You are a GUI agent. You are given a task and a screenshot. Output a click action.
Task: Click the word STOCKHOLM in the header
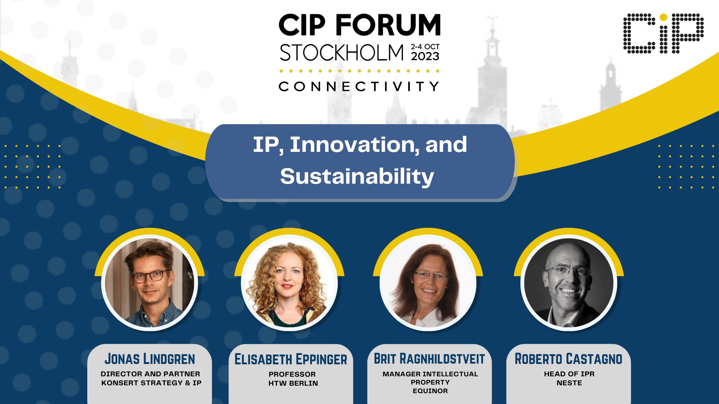(x=342, y=53)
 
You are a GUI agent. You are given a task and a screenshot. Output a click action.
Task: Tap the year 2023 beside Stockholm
(x=425, y=56)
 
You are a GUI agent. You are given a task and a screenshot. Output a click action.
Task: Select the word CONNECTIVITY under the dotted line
(x=359, y=86)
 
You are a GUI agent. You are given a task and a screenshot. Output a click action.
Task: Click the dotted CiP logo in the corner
(x=663, y=33)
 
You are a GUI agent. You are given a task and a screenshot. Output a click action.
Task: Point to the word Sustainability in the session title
(x=357, y=177)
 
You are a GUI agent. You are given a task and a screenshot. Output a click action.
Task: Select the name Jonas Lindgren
(x=150, y=359)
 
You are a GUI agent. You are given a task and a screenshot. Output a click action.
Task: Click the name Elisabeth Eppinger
(x=291, y=359)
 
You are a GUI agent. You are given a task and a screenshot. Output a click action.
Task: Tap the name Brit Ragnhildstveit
(x=430, y=359)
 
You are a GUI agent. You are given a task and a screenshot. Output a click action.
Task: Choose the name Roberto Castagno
(x=568, y=359)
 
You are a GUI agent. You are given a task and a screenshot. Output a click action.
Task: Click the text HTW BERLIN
(x=293, y=383)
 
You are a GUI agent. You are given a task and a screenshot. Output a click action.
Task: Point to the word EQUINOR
(x=430, y=391)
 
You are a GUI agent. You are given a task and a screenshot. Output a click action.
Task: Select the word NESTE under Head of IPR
(x=569, y=383)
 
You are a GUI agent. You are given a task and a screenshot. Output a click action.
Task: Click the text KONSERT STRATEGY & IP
(x=151, y=383)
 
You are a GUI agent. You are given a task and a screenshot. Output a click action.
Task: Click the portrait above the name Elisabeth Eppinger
(x=289, y=283)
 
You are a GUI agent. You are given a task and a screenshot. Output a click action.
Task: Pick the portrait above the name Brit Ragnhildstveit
(x=428, y=283)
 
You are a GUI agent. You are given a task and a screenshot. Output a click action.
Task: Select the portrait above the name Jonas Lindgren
(x=150, y=283)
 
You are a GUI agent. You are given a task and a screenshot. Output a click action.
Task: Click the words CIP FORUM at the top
(x=359, y=25)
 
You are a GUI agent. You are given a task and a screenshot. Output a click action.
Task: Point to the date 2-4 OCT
(x=425, y=47)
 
